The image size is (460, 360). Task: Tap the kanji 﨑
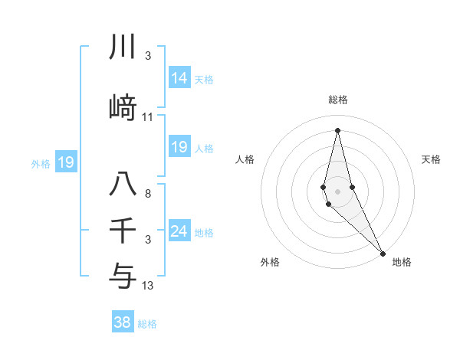(123, 108)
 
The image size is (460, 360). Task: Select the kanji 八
(123, 185)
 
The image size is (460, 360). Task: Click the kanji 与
(123, 277)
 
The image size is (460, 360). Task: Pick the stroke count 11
(148, 117)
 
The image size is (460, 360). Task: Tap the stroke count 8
(148, 194)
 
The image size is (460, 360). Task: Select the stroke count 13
(148, 286)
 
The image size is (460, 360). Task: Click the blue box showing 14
(179, 78)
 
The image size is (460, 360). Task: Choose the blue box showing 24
(179, 231)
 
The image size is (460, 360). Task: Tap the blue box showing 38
(123, 322)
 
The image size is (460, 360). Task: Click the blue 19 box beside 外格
(66, 162)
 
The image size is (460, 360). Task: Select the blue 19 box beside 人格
(179, 147)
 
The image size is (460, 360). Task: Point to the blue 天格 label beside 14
(204, 79)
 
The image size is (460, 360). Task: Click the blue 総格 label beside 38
(147, 323)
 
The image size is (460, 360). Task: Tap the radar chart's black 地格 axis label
(402, 262)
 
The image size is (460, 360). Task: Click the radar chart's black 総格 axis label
(337, 100)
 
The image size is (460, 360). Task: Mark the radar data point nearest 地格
(383, 253)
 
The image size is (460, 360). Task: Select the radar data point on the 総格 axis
(337, 130)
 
